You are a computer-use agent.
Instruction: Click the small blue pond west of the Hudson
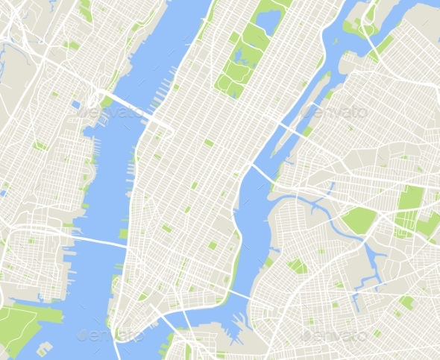pyautogui.click(x=77, y=105)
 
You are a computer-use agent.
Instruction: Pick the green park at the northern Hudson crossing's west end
pyautogui.click(x=107, y=101)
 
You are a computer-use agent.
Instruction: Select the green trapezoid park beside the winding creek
pyautogui.click(x=359, y=219)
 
